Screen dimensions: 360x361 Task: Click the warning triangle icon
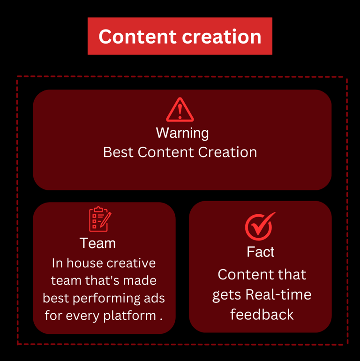180,110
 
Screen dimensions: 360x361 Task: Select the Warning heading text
182,133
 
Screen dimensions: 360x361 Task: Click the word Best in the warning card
118,152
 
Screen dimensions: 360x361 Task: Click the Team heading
97,243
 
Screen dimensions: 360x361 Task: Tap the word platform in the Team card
132,315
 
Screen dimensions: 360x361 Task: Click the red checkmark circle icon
259,226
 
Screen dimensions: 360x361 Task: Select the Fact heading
261,252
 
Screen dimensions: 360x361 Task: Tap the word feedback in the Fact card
262,314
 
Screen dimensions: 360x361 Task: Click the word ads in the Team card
154,298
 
